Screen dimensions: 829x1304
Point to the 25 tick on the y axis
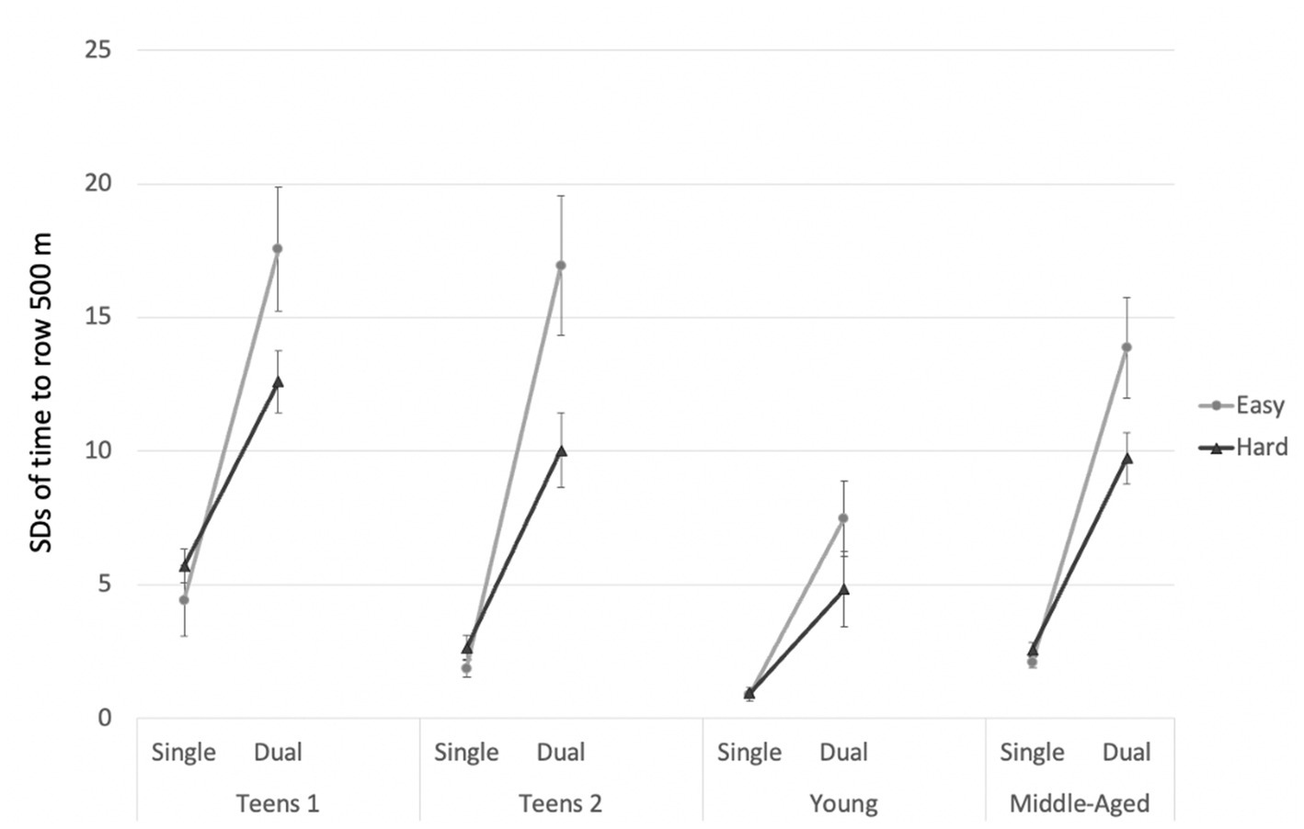[x=97, y=50]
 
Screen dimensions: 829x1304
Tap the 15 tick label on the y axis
[x=97, y=317]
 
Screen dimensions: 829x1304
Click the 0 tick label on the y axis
[x=104, y=718]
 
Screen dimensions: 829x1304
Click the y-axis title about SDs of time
[x=41, y=392]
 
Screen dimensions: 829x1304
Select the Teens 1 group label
[x=277, y=803]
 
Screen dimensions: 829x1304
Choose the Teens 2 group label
[x=560, y=803]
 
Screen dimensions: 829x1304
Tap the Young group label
[x=843, y=803]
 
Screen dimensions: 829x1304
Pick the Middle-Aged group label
[x=1080, y=803]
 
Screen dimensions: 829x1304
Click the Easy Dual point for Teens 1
[x=277, y=248]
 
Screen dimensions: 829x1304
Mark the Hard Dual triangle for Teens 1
[x=278, y=381]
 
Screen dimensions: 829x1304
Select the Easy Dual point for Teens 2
[x=561, y=266]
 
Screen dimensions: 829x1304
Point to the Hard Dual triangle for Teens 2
[x=561, y=450]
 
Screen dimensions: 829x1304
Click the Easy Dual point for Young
[x=843, y=518]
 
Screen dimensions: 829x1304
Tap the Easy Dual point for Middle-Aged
[x=1127, y=347]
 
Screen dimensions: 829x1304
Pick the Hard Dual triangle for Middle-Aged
[x=1127, y=458]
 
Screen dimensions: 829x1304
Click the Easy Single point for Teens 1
[x=184, y=599]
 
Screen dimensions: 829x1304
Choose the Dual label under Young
[x=843, y=752]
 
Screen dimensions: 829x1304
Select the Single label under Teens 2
[x=466, y=752]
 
